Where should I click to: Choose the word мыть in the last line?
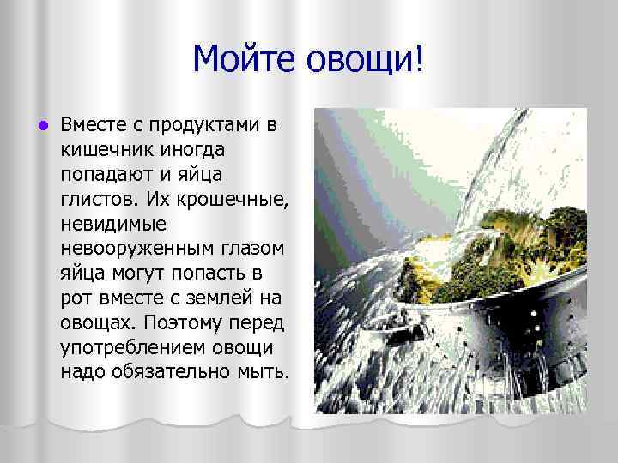tap(268, 372)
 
